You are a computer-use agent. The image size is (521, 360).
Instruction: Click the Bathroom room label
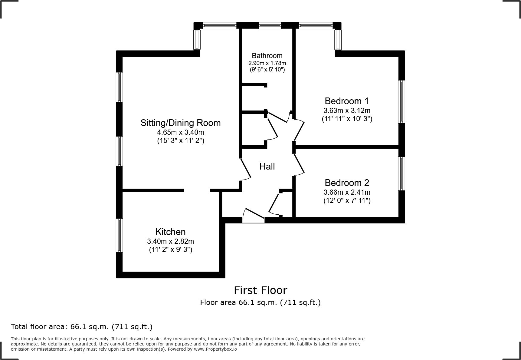coord(267,56)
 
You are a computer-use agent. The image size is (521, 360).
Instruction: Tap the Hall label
coord(267,166)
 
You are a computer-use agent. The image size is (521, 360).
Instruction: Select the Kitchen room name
coord(170,232)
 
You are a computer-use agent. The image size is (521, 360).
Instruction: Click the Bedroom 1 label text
coord(347,101)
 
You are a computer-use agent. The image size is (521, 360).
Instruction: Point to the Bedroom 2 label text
coord(347,183)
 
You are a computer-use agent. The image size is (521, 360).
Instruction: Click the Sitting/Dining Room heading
coord(180,123)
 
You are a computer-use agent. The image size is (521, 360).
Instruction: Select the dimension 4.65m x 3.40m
coord(180,132)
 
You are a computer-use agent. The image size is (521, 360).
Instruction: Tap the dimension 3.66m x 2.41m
coord(347,192)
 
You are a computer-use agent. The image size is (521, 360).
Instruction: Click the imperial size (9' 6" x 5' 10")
coord(267,70)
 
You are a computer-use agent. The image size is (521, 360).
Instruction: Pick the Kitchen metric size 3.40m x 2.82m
coord(170,241)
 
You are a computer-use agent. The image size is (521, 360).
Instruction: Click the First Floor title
coord(260,290)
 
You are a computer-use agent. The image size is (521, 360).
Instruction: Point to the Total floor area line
coord(82,327)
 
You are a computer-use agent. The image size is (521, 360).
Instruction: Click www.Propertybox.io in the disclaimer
coord(215,349)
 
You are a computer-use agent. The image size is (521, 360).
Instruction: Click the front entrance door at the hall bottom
coord(254,216)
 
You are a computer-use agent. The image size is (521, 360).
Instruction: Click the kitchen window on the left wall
coord(120,235)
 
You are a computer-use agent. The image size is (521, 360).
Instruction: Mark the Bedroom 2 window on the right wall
coord(401,173)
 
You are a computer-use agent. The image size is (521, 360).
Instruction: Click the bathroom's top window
coord(270,26)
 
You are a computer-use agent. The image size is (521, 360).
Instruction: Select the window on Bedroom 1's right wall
coord(401,102)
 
